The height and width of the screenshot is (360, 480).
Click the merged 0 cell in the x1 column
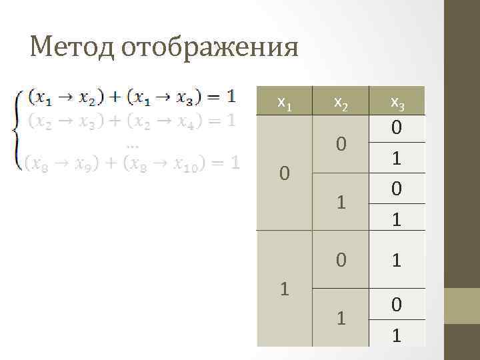coord(285,173)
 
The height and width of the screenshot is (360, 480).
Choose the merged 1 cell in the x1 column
coord(285,289)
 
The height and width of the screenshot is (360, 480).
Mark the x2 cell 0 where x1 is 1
coord(341,259)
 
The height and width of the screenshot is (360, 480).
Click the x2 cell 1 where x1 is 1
coord(341,317)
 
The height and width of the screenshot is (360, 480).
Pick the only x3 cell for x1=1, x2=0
coord(397,259)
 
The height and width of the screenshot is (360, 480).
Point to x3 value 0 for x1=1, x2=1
coord(397,304)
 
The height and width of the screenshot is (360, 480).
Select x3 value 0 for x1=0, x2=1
coord(397,189)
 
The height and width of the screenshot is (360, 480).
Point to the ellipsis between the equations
coord(131,145)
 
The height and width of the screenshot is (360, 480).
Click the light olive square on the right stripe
coord(462,305)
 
